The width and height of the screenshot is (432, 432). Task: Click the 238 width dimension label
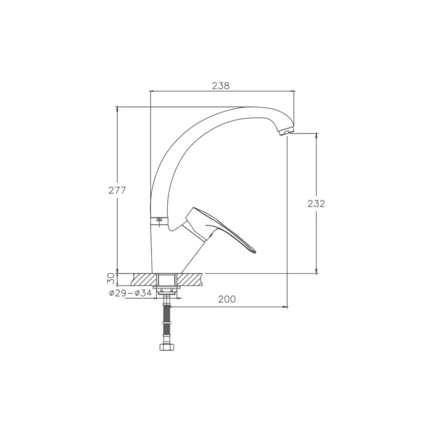tap(220, 86)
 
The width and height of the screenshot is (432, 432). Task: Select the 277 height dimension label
tap(117, 191)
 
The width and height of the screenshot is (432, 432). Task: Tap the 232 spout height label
tap(316, 204)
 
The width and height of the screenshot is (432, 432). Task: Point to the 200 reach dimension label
tap(227, 299)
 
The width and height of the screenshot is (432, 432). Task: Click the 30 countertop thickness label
tap(111, 278)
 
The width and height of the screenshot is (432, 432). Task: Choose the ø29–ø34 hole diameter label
tap(130, 293)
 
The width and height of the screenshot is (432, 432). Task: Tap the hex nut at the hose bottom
tap(167, 347)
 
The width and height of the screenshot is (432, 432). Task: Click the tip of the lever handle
tap(255, 252)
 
